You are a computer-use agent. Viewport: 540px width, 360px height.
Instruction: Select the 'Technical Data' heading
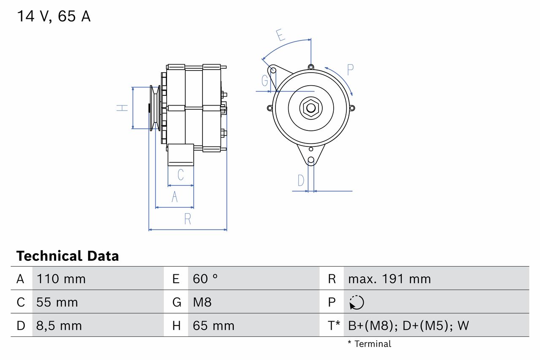point(67,256)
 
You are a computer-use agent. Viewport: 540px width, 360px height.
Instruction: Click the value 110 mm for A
point(61,279)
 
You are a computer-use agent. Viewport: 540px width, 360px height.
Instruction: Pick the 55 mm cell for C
point(57,302)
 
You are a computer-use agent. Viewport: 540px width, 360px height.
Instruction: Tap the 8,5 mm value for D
point(59,326)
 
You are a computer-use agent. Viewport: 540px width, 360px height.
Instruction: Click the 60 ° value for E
point(205,279)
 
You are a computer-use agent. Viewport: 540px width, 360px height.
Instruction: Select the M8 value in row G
point(202,302)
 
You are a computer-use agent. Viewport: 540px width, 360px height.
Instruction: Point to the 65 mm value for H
point(213,326)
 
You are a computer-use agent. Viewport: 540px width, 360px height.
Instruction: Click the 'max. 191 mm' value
point(389,279)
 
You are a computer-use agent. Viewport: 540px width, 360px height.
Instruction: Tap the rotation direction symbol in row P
point(356,302)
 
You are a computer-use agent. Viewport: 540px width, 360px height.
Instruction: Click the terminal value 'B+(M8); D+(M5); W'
point(408,326)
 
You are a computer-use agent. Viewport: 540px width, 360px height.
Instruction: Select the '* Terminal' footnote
point(370,344)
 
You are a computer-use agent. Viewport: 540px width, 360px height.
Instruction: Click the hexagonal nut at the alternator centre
point(311,108)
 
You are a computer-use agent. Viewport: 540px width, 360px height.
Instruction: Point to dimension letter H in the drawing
point(122,108)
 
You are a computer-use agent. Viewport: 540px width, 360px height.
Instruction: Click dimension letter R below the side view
point(188,219)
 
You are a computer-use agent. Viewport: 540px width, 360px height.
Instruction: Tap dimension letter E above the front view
point(281,35)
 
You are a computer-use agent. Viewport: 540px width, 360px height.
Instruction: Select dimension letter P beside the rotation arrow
point(350,70)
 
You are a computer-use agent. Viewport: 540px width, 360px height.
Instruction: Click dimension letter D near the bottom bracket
point(300,181)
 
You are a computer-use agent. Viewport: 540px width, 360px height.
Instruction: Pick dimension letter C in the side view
point(181,175)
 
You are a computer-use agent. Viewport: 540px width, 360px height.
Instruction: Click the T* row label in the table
point(334,326)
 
